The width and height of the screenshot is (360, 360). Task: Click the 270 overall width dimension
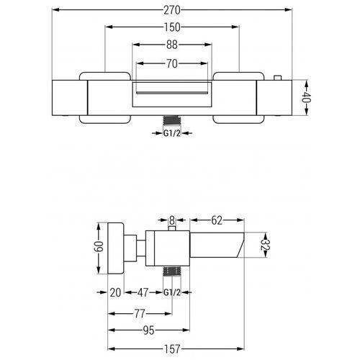172,10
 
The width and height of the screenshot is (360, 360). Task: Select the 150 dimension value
172,27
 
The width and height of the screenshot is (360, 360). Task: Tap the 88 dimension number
172,45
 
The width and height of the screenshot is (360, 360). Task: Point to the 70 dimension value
172,63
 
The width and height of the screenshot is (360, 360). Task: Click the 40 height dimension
306,97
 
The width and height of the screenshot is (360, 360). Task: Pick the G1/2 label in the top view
172,133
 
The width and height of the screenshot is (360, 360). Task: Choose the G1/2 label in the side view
172,292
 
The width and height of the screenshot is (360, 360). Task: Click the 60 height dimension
98,247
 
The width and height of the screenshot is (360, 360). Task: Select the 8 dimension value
172,220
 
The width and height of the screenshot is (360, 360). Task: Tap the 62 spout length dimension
217,220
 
